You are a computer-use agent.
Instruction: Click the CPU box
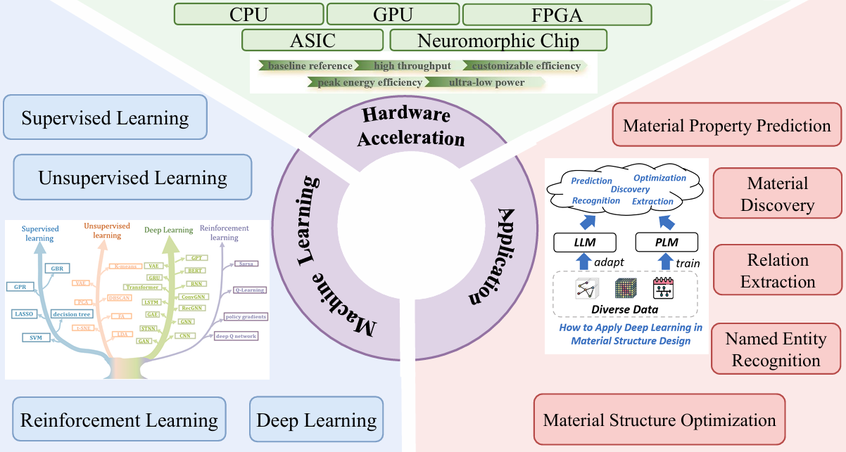[x=248, y=14]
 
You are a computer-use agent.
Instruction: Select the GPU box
[x=393, y=14]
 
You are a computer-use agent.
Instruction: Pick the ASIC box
[x=312, y=40]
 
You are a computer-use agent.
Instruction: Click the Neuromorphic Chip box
[x=498, y=40]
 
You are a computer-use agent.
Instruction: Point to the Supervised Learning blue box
[x=105, y=117]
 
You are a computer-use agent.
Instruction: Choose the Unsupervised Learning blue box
[x=132, y=177]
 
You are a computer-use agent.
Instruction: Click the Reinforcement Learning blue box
[x=119, y=420]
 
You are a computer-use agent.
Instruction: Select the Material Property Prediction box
[x=727, y=127]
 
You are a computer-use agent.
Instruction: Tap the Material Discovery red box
[x=777, y=194]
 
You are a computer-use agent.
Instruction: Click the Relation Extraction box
[x=777, y=270]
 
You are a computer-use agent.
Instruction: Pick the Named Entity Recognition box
[x=776, y=349]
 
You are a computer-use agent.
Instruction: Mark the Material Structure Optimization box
[x=659, y=420]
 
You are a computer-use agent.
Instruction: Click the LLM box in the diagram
[x=584, y=243]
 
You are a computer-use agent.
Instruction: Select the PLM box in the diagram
[x=667, y=243]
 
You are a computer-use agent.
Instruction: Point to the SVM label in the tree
[x=35, y=338]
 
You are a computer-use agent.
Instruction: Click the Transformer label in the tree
[x=141, y=287]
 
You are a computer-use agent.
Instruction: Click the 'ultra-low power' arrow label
[x=486, y=82]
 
